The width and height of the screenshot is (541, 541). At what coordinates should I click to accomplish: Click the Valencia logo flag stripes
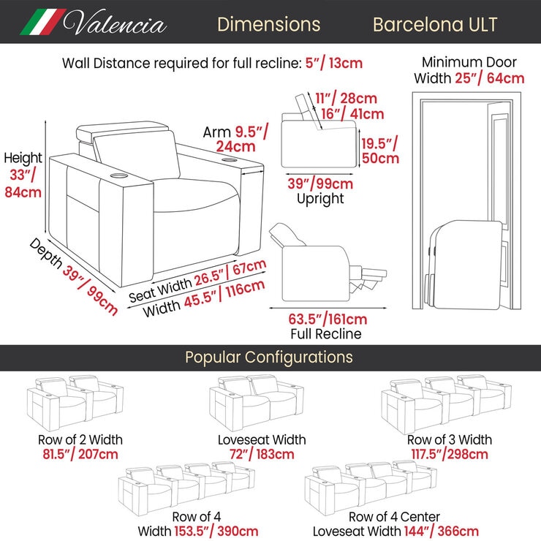(x=43, y=22)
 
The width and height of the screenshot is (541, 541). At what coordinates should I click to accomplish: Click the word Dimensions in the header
(x=269, y=25)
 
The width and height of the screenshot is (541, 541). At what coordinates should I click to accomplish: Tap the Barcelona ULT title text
(x=435, y=25)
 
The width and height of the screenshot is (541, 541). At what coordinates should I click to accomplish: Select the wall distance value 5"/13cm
(x=334, y=63)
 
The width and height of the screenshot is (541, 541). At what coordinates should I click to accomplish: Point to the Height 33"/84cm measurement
(x=23, y=175)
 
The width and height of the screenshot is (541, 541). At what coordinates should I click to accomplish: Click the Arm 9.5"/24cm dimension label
(x=235, y=139)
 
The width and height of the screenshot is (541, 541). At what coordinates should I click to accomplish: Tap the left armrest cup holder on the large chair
(x=119, y=176)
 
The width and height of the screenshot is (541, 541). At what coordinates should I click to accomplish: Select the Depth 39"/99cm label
(x=74, y=276)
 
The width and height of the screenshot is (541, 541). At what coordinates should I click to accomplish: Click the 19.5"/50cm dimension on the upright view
(x=380, y=150)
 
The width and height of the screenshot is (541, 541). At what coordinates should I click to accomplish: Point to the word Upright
(x=320, y=199)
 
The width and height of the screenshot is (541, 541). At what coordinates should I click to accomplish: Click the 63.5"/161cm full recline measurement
(x=328, y=319)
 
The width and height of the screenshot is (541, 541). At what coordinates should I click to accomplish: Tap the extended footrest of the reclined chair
(x=368, y=278)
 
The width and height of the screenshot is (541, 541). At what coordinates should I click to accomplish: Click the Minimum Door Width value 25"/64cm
(x=490, y=78)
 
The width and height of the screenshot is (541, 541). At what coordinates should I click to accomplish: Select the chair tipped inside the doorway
(x=464, y=265)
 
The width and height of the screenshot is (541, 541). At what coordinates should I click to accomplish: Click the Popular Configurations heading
(x=269, y=357)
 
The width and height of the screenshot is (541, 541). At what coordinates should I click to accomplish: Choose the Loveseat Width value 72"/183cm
(x=262, y=454)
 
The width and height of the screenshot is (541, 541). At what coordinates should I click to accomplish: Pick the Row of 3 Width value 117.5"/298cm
(x=450, y=454)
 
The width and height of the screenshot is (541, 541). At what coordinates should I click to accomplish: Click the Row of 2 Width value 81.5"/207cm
(x=80, y=454)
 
